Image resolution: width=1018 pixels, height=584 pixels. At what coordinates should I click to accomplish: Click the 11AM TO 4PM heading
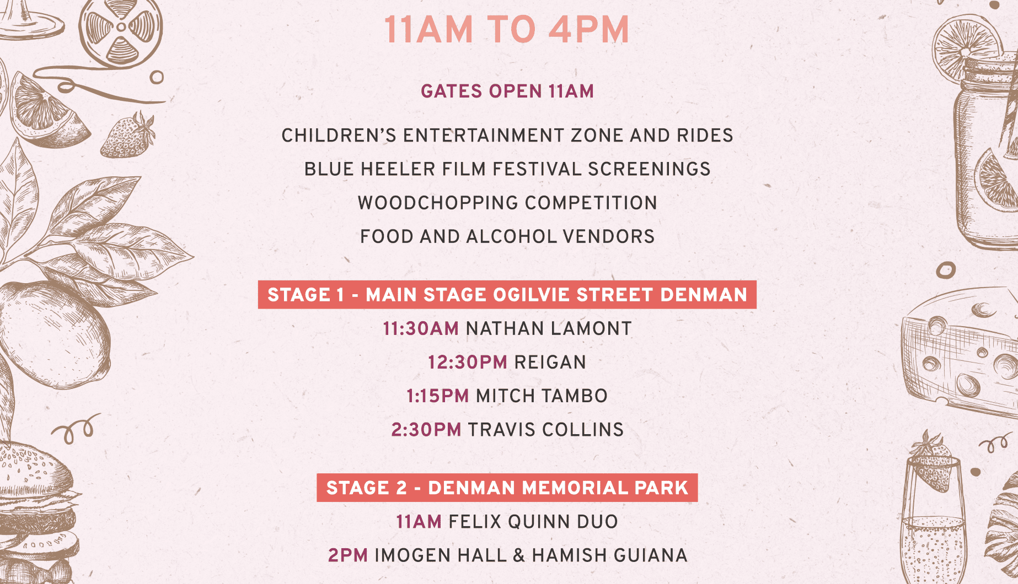coord(507,30)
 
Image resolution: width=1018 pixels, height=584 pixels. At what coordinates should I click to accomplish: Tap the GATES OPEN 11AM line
coord(507,91)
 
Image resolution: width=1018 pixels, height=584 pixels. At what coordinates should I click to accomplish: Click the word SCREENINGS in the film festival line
coord(649,169)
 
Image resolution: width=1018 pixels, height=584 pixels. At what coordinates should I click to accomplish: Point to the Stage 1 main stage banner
coord(507,295)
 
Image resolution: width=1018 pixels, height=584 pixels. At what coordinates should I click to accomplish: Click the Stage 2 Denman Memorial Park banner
coord(507,488)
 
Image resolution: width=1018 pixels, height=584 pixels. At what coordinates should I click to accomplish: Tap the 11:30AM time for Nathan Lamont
coord(421,329)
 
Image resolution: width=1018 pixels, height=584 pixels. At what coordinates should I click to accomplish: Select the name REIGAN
coord(550,363)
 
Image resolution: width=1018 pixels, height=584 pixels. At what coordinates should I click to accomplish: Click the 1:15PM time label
coord(437,396)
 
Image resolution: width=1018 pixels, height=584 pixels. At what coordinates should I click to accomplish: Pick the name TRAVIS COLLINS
coord(546,430)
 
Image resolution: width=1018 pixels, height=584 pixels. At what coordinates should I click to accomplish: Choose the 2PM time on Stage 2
coord(348,555)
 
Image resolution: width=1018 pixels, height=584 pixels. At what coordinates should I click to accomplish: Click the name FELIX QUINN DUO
coord(533,522)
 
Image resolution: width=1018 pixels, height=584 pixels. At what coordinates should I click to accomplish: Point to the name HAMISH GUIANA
coord(609,555)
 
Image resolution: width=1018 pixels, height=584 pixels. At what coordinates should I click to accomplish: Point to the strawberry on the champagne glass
coord(933,462)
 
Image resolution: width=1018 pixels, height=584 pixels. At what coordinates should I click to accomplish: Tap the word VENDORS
coord(608,237)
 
